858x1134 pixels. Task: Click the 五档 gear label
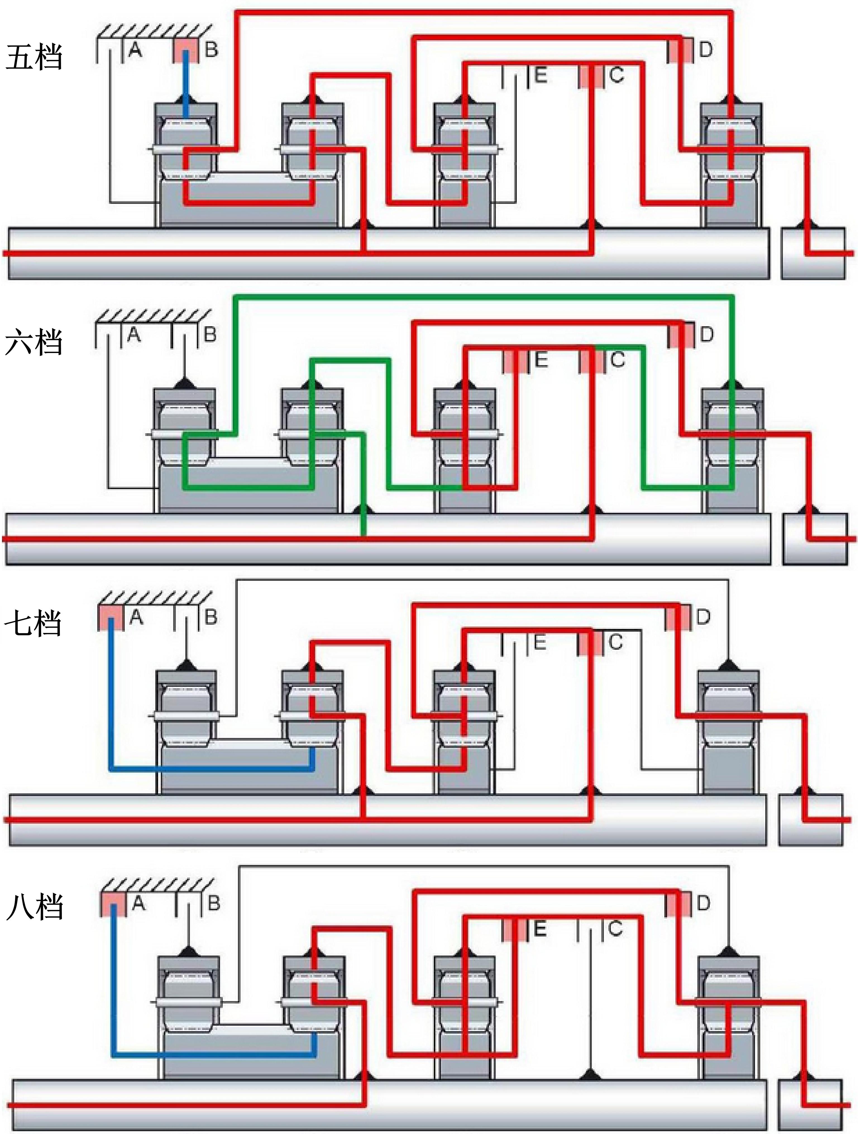(34, 57)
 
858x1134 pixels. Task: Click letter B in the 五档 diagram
(211, 50)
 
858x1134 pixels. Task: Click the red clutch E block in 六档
(515, 360)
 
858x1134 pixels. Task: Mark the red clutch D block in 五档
(680, 50)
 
